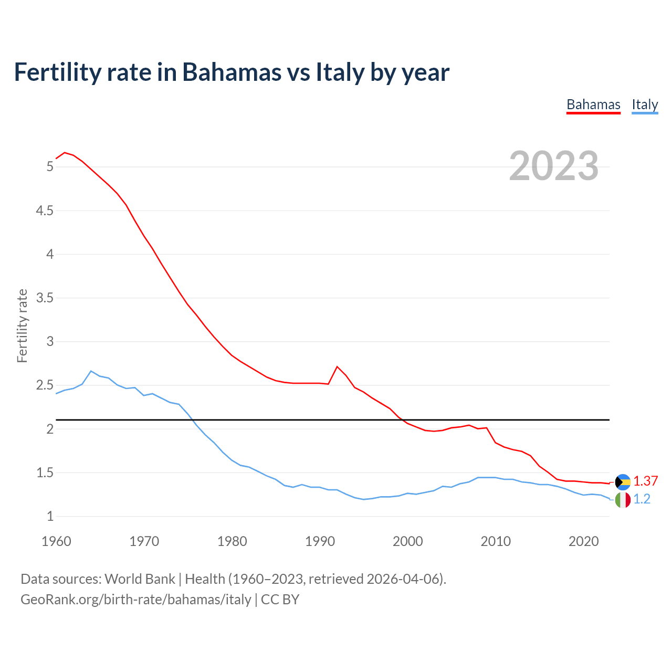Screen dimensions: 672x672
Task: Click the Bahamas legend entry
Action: [593, 105]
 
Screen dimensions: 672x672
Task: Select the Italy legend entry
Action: [645, 105]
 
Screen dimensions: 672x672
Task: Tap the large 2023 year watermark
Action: [554, 166]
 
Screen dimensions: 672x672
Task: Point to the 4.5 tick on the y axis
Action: [44, 211]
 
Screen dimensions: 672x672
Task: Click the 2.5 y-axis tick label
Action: [44, 385]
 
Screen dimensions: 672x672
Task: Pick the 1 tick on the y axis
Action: [50, 516]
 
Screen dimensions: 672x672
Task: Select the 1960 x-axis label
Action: [56, 541]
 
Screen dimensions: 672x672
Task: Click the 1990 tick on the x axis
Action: [320, 541]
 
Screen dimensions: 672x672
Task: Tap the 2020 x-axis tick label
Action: [583, 541]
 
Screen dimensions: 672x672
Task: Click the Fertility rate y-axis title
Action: [22, 325]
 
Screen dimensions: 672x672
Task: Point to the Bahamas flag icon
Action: [623, 481]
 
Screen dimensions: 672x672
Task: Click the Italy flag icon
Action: [623, 500]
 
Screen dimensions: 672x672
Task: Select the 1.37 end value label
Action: [645, 481]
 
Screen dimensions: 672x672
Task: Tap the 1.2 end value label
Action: [642, 499]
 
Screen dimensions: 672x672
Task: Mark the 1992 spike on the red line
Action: [337, 366]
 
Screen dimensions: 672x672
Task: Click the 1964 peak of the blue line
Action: [91, 371]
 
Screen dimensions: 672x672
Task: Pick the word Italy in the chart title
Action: [340, 72]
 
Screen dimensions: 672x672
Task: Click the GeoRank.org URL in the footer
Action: [135, 600]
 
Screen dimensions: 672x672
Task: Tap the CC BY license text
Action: [280, 600]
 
